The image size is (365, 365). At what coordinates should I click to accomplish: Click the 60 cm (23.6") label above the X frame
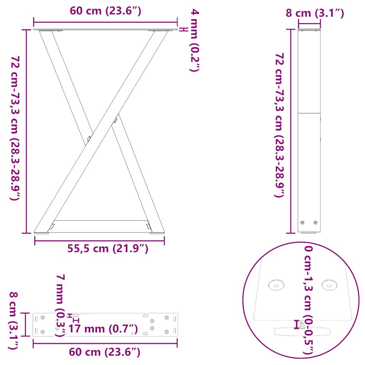click(x=106, y=11)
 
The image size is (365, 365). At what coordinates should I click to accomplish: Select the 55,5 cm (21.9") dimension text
click(x=108, y=248)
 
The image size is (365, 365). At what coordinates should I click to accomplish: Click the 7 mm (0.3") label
click(x=61, y=305)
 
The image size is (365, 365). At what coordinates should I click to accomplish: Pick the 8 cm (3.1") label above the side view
click(x=315, y=14)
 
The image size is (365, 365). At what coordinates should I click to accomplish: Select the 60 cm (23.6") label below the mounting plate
click(x=104, y=353)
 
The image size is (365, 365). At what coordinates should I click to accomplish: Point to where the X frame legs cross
click(x=102, y=130)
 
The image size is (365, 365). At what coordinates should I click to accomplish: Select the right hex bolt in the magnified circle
click(x=329, y=284)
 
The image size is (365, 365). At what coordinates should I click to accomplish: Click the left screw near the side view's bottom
click(x=303, y=223)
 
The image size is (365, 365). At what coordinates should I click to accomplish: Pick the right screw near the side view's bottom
click(x=315, y=223)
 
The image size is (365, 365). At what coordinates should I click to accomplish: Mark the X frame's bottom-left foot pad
click(x=41, y=233)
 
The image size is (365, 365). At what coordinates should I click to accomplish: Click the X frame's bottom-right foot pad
click(x=157, y=233)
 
